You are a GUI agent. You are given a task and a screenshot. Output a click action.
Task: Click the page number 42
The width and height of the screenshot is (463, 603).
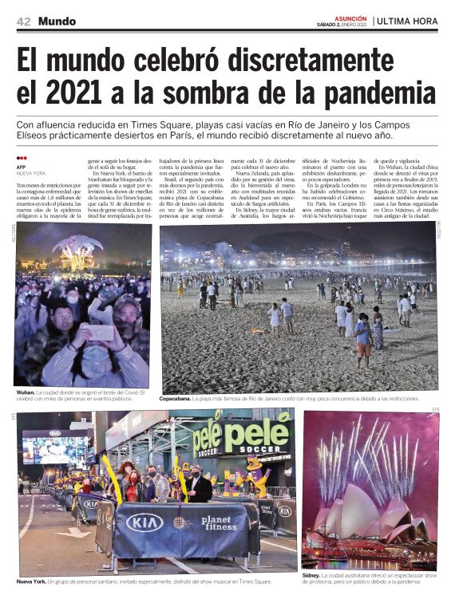pyautogui.click(x=23, y=21)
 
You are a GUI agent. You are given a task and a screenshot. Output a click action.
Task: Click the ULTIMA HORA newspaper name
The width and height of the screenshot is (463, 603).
pyautogui.click(x=407, y=21)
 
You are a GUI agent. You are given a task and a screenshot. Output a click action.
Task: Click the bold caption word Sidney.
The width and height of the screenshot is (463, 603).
pyautogui.click(x=311, y=574)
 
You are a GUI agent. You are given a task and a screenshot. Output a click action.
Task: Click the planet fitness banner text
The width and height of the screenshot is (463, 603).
pyautogui.click(x=219, y=523)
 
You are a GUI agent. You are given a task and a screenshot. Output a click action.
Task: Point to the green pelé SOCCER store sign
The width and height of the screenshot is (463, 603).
pyautogui.click(x=241, y=439)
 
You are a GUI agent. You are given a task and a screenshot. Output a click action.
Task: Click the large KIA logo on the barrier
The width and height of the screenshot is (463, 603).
pyautogui.click(x=144, y=522)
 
